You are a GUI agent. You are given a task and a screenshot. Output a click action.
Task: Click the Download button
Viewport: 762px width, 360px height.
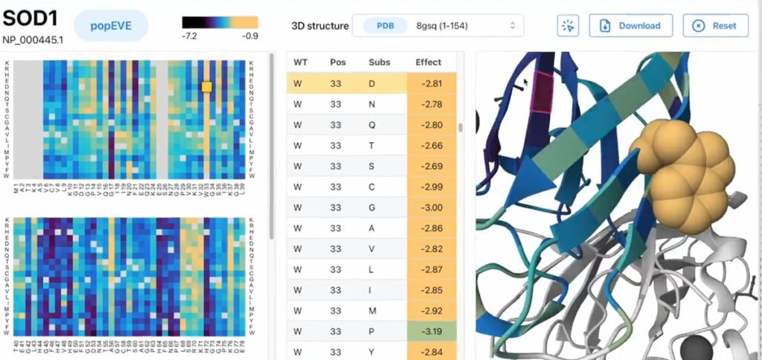[x=631, y=25]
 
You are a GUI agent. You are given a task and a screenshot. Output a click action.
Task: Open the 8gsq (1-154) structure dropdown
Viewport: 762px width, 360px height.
[x=438, y=25]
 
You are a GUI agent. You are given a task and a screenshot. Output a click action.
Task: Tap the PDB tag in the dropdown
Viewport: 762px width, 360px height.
[x=385, y=25]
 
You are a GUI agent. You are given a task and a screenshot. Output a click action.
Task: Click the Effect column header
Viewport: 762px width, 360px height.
[x=429, y=62]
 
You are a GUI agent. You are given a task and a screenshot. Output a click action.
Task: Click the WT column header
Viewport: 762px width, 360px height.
[x=301, y=62]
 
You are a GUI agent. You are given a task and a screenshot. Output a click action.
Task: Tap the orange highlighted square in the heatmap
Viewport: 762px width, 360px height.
[x=207, y=87]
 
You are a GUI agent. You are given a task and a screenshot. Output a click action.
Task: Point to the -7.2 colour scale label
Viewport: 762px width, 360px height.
[x=190, y=36]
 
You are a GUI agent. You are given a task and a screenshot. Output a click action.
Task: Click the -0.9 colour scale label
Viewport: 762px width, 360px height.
[x=250, y=36]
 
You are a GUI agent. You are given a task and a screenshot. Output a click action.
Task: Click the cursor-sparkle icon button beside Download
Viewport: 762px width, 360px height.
[x=568, y=25]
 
